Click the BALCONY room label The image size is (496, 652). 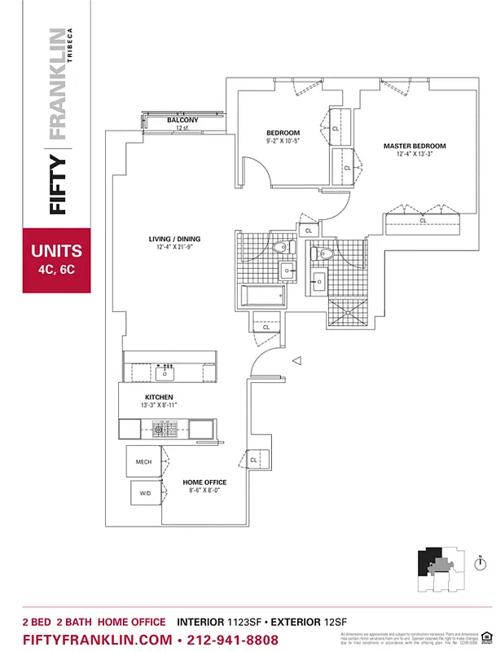tap(183, 120)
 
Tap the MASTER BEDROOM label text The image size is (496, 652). tap(415, 147)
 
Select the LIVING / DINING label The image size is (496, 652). tap(174, 240)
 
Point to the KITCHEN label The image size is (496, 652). tap(160, 397)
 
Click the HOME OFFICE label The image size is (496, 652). tap(203, 482)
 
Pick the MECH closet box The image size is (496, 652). tap(144, 462)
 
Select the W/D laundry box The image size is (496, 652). tap(145, 493)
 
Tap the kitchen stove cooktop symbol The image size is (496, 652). tap(167, 428)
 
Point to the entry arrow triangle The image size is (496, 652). tap(298, 360)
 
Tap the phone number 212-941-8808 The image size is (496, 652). tap(233, 640)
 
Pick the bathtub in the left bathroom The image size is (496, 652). tap(263, 295)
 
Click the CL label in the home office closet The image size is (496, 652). tap(254, 460)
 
